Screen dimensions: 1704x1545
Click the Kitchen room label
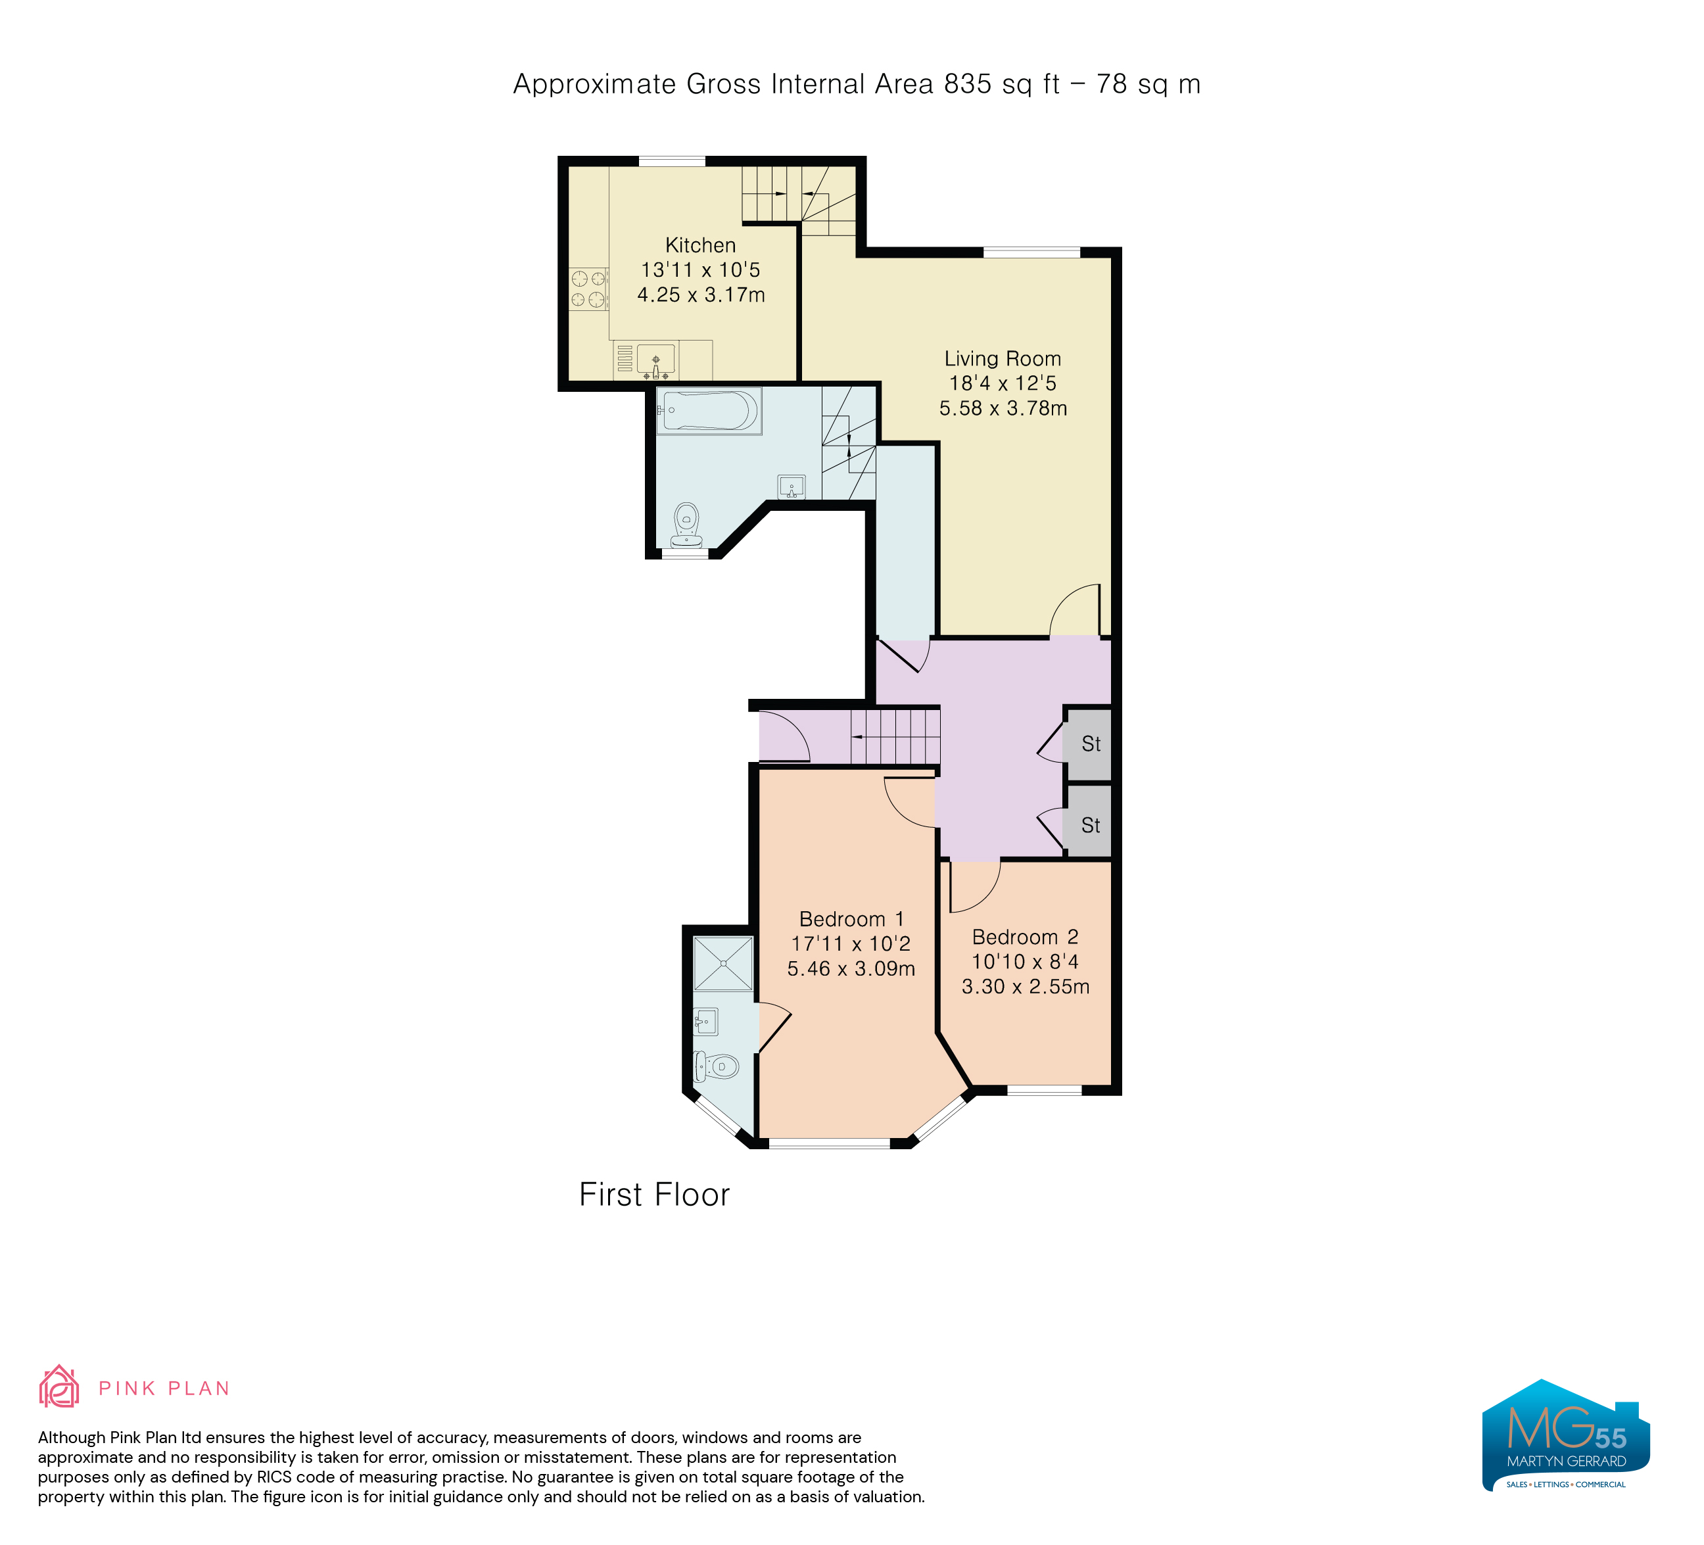point(700,245)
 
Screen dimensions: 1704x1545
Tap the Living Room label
point(1003,358)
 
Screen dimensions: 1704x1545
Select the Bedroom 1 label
point(851,918)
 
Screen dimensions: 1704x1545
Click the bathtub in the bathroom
point(709,411)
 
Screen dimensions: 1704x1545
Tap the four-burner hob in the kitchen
point(588,288)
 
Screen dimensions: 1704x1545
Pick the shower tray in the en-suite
point(722,963)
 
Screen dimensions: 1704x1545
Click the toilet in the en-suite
point(715,1066)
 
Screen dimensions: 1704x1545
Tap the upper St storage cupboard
point(1089,744)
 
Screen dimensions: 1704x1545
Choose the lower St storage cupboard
point(1089,825)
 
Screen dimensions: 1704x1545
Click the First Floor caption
point(654,1194)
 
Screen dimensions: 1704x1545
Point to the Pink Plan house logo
point(59,1387)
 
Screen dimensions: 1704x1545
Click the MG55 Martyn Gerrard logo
point(1565,1435)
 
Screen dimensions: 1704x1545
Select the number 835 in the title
point(968,83)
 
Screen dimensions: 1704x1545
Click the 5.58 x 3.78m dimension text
point(1003,408)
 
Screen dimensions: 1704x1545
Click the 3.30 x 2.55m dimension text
point(1026,986)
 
